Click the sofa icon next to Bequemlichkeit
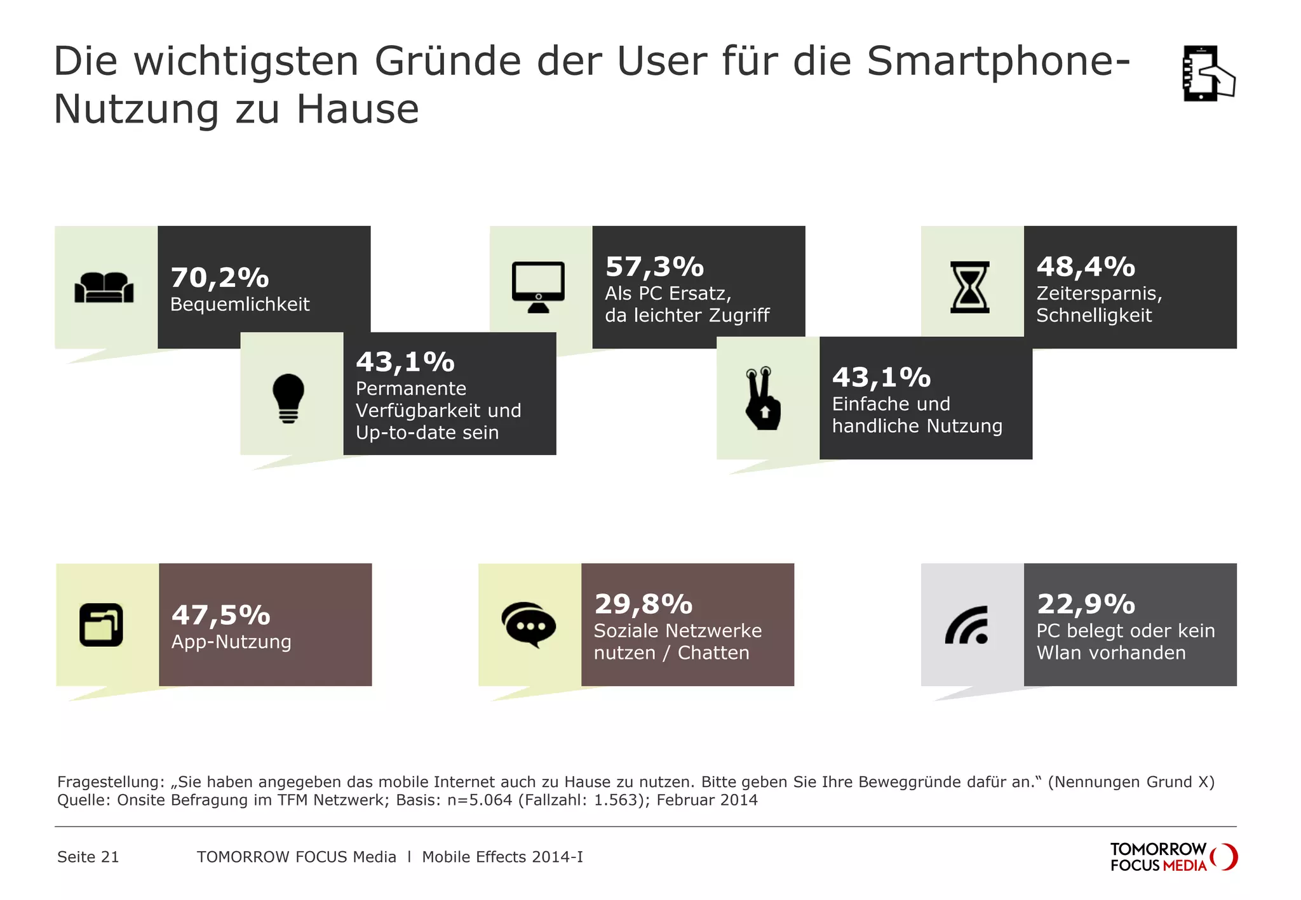[x=104, y=288]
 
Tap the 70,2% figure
[x=219, y=277]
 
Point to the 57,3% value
[x=654, y=267]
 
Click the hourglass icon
[x=969, y=287]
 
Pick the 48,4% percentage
[x=1086, y=267]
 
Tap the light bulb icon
[x=288, y=398]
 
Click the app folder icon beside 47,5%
[x=101, y=625]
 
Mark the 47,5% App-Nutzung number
[x=220, y=615]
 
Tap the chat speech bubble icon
[x=529, y=625]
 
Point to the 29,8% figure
[x=643, y=604]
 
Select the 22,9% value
[x=1086, y=604]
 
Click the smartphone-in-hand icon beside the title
[x=1208, y=73]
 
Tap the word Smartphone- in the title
[x=997, y=61]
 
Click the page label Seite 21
[x=88, y=857]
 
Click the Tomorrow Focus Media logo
[x=1173, y=857]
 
